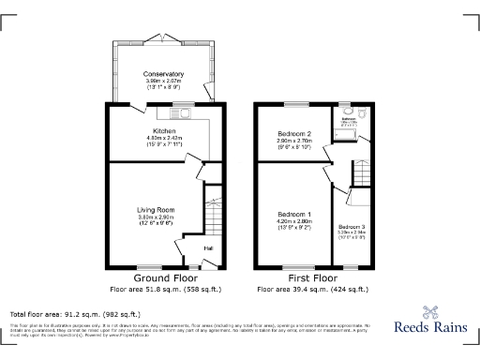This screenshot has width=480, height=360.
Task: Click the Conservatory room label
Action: [x=163, y=74]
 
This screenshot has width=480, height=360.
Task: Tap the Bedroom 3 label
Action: [x=352, y=228]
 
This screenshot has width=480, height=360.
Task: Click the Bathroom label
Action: [x=348, y=119]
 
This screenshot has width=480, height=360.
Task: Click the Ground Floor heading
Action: [x=164, y=279]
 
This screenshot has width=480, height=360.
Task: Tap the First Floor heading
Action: [x=312, y=279]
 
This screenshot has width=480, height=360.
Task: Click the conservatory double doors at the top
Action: [x=163, y=39]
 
